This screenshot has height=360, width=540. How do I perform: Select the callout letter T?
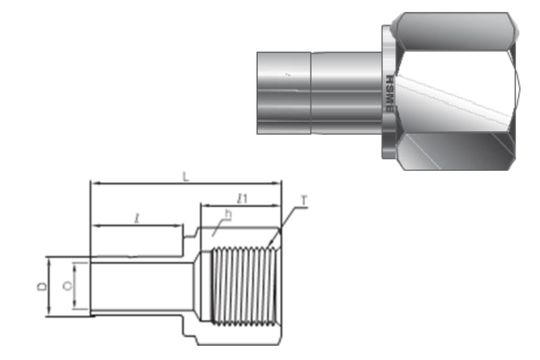tap(303, 212)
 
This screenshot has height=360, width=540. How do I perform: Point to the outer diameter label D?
tap(41, 287)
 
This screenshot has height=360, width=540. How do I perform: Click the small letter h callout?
tap(228, 216)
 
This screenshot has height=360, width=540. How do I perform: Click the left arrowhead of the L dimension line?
tap(94, 185)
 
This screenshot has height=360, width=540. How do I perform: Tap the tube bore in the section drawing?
tap(140, 288)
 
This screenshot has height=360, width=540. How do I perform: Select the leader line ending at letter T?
tap(290, 225)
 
